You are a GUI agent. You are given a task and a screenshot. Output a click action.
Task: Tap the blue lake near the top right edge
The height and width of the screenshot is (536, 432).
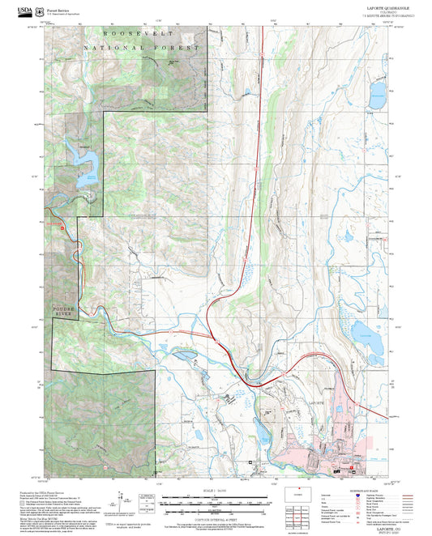pyautogui.click(x=377, y=103)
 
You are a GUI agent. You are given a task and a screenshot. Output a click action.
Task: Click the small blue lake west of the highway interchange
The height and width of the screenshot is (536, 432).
pyautogui.click(x=183, y=355)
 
